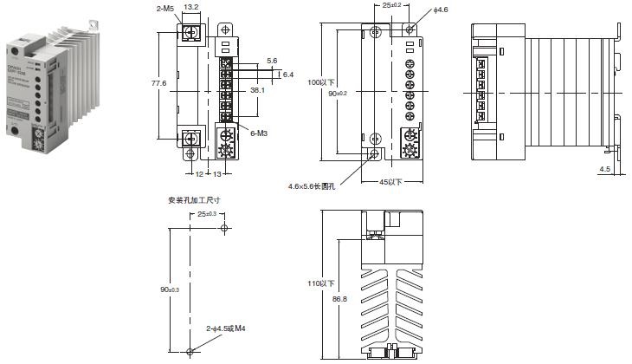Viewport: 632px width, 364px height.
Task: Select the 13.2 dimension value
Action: (192, 8)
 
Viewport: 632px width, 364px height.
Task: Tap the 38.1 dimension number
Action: (257, 89)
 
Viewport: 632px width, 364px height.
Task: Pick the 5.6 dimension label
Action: (272, 61)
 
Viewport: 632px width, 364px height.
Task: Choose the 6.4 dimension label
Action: (288, 75)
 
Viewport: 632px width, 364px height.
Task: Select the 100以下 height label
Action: (321, 82)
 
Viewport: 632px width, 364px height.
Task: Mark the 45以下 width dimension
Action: (392, 182)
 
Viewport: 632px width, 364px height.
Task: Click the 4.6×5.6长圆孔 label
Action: (314, 185)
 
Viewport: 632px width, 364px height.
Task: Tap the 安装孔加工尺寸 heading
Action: (194, 199)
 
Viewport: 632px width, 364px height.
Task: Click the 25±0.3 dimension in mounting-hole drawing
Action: (207, 213)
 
